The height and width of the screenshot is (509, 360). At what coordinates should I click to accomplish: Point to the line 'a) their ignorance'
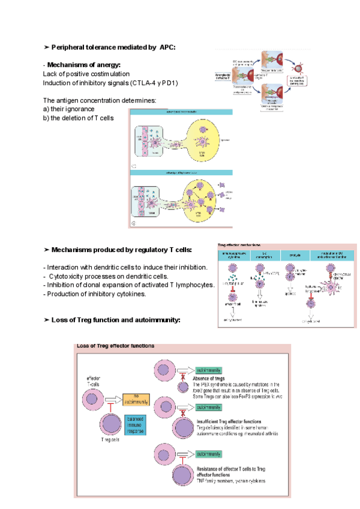(x=68, y=109)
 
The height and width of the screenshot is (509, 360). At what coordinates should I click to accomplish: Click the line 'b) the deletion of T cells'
(x=78, y=118)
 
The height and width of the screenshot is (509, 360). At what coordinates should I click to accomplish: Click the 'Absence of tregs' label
(x=209, y=379)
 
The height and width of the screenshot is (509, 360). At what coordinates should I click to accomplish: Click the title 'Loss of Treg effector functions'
(x=115, y=346)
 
